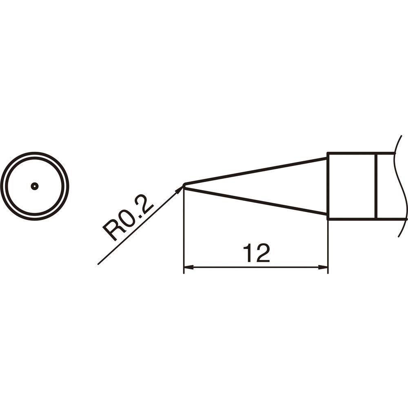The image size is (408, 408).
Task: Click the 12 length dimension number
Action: pyautogui.click(x=256, y=253)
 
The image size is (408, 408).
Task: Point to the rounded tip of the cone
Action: pyautogui.click(x=184, y=186)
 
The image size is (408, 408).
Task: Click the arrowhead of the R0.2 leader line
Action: pyautogui.click(x=179, y=190)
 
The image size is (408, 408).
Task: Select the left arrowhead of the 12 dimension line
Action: pyautogui.click(x=188, y=267)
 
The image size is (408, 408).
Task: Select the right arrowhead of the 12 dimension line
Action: pyautogui.click(x=323, y=267)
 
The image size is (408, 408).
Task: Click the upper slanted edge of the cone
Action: pyautogui.click(x=255, y=171)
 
